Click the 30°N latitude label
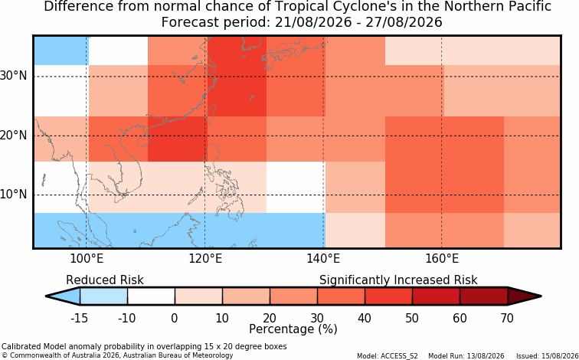(13, 76)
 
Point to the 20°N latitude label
(13, 136)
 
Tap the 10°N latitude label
(13, 195)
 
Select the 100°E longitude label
(87, 259)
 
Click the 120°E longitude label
(205, 259)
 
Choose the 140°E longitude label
(323, 259)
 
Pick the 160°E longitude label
(442, 259)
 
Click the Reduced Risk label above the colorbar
(105, 280)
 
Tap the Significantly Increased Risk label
(398, 280)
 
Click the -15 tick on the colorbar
(79, 318)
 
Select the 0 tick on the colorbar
(175, 318)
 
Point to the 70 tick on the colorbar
(507, 318)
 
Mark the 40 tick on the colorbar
(365, 318)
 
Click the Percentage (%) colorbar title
(293, 329)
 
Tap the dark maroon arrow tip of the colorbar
(525, 296)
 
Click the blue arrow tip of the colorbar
(64, 296)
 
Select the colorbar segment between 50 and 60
(436, 296)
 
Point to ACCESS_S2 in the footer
(403, 356)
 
